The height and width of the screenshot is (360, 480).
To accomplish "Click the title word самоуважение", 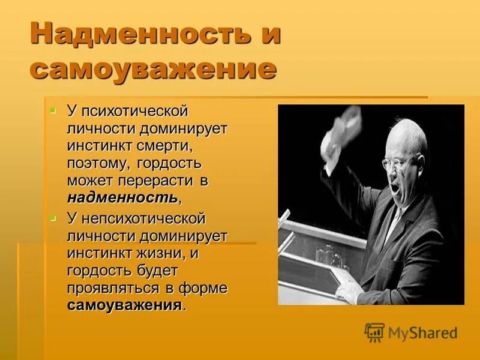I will [x=153, y=69].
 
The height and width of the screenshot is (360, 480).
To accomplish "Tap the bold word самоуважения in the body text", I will [x=124, y=305].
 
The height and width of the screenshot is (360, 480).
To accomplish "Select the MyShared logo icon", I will [x=374, y=332].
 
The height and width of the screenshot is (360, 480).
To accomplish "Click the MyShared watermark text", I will [x=422, y=332].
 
